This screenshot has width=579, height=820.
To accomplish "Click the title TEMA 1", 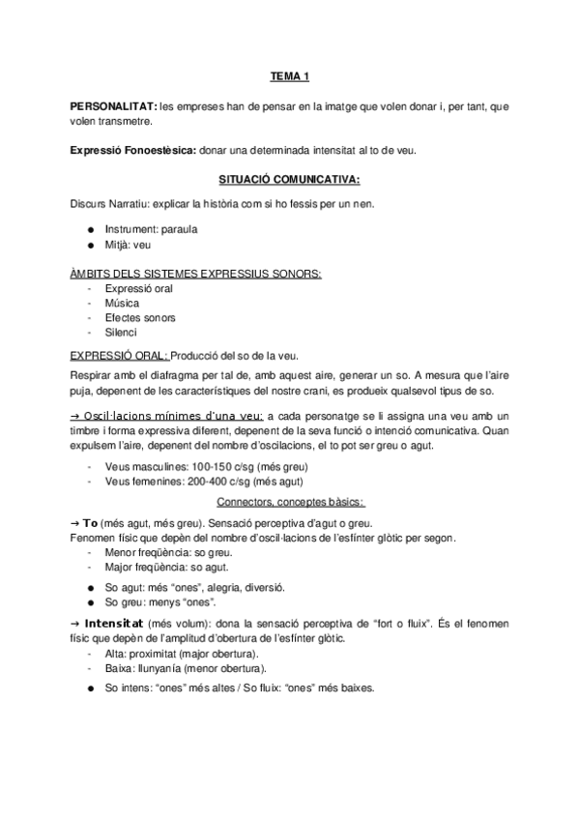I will tap(288, 75).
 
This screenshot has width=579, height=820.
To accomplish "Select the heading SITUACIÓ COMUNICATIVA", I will tap(289, 179).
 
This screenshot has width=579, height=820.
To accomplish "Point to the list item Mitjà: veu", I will tap(129, 246).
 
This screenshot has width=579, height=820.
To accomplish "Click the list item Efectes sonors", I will tap(139, 317).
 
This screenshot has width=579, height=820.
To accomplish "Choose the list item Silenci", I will tap(121, 332).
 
